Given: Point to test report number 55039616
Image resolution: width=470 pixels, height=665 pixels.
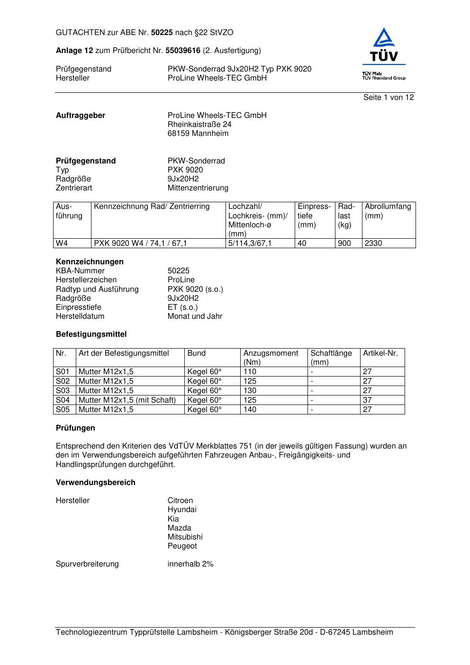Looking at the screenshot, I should coord(182,51).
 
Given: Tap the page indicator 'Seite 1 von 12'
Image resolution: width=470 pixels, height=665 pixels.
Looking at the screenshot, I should coord(389,98).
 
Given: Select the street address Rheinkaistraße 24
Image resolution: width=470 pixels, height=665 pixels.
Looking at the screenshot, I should coord(199,125).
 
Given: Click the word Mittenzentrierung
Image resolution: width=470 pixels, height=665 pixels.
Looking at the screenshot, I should coord(198,188).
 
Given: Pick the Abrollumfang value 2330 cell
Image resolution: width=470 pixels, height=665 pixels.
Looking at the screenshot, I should coord(373,243).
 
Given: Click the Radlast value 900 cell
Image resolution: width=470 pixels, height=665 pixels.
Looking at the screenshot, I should coord(344,243).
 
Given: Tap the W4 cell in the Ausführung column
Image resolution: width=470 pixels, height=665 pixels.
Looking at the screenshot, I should coord(62,243).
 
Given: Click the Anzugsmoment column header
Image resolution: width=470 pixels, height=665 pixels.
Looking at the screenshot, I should coord(271,353).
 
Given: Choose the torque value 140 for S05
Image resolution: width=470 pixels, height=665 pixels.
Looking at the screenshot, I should coord(250,410).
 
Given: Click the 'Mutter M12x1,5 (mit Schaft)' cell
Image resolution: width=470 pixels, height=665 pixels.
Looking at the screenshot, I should coord(127,400).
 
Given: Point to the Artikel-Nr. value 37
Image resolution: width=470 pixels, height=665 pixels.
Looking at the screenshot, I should coord(367,400).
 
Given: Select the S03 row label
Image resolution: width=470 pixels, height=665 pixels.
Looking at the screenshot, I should coord(63,391).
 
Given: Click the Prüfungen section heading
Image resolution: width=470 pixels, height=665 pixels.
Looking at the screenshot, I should coord(75,428).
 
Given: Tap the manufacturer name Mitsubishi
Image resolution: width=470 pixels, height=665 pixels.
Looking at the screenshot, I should coord(185,537).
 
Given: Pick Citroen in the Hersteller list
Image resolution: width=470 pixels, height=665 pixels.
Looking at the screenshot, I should coord(180,501).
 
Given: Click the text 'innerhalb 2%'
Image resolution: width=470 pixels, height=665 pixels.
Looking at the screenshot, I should coord(190,564).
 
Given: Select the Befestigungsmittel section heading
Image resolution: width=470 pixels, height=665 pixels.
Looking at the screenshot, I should coord(91,334).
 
